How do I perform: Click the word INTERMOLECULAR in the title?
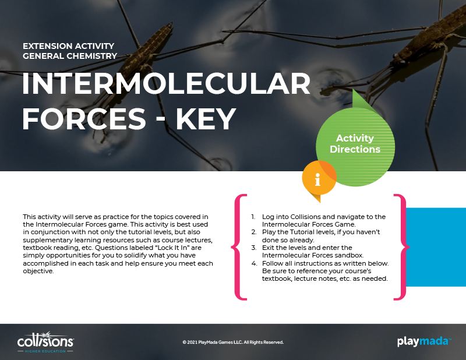167,84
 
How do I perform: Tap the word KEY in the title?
206,119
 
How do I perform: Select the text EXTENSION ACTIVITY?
68,46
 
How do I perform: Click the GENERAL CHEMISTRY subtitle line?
70,56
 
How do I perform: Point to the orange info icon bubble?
319,178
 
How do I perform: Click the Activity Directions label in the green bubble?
355,143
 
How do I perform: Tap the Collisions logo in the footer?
45,342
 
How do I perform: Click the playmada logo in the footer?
424,341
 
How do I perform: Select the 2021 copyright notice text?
233,342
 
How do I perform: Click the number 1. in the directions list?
253,217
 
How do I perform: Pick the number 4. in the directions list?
254,263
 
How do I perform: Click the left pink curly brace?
239,247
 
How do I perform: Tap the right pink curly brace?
401,247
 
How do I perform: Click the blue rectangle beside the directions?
436,247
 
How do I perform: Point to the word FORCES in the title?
84,119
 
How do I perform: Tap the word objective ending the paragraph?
38,271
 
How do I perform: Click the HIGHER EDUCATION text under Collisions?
45,351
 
